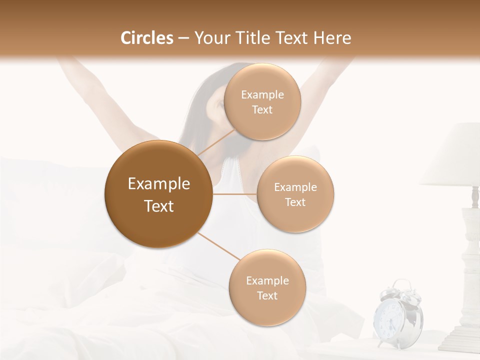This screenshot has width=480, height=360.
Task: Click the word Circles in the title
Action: click(147, 38)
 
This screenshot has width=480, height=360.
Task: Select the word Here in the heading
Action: click(332, 38)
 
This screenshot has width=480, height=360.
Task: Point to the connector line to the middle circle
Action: click(235, 194)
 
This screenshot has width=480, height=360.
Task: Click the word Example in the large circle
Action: click(159, 184)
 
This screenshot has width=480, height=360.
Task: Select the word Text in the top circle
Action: click(262, 110)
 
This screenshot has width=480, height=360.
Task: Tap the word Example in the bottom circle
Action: click(267, 281)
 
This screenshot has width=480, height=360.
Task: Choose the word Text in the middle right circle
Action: click(295, 202)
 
